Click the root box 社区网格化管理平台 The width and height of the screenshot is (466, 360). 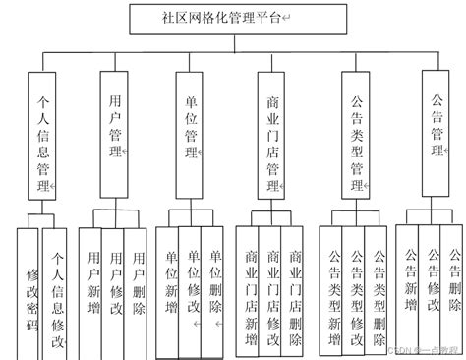coord(233,16)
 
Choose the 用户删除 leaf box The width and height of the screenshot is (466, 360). coord(139,285)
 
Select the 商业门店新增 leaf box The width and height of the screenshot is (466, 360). coord(250,289)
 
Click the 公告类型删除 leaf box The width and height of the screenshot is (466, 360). coord(379,289)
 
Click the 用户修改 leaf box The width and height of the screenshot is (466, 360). coord(116,285)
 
